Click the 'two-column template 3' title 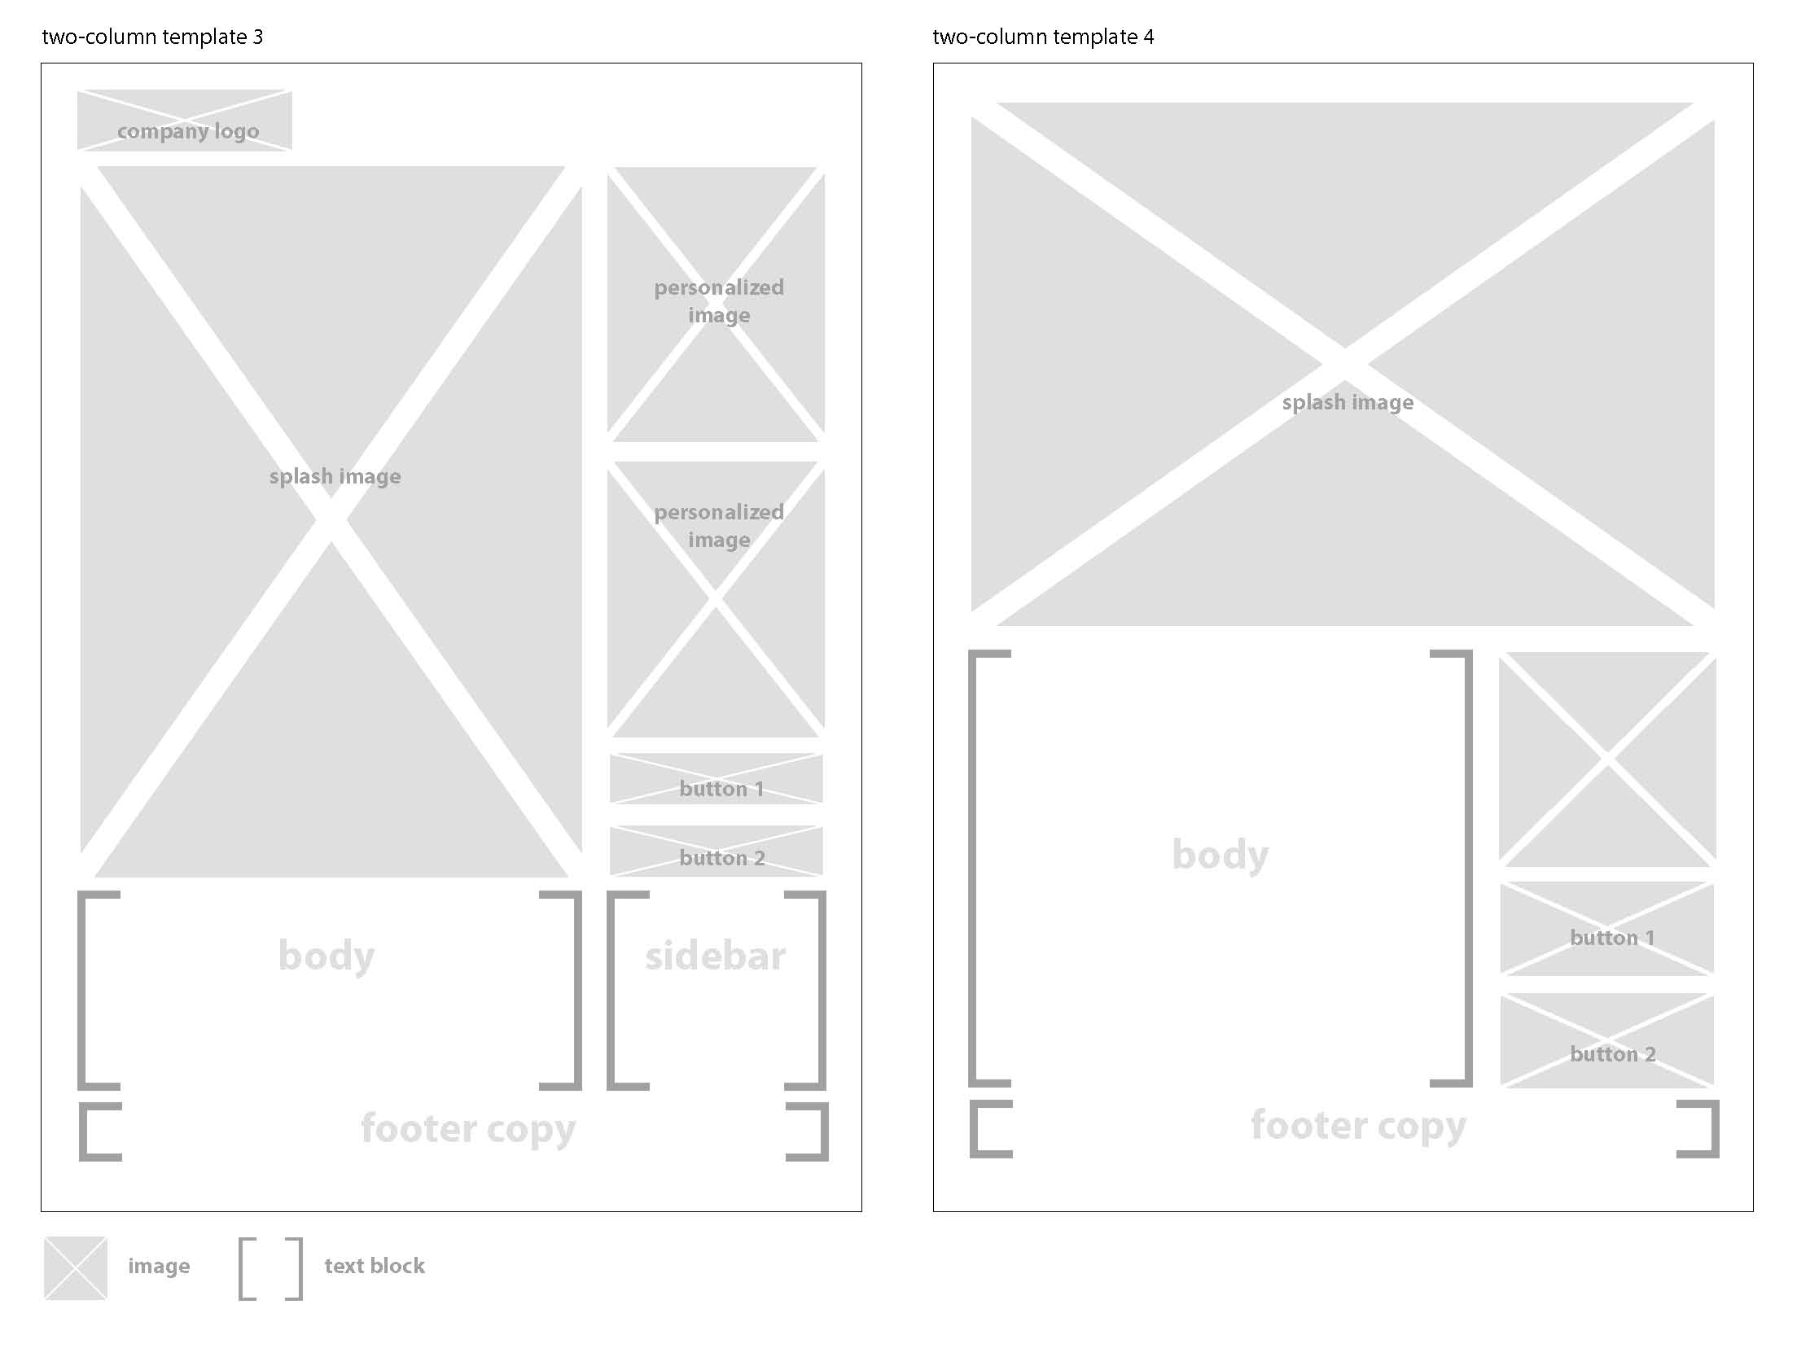(x=152, y=37)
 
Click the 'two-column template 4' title (x=1042, y=37)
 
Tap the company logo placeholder (x=185, y=120)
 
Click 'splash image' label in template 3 (x=335, y=476)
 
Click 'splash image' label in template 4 (x=1347, y=402)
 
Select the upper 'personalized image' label (x=718, y=301)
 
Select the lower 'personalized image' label (x=718, y=526)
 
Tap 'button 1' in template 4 (x=1611, y=938)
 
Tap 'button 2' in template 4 (x=1612, y=1053)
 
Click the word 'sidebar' (x=715, y=956)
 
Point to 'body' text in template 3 (x=327, y=956)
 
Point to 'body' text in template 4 (x=1220, y=855)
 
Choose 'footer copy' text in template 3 (x=468, y=1129)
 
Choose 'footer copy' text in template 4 (x=1357, y=1126)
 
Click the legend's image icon (x=75, y=1267)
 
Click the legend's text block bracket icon (x=270, y=1267)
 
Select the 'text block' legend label (x=374, y=1266)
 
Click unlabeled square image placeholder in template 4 (x=1606, y=759)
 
